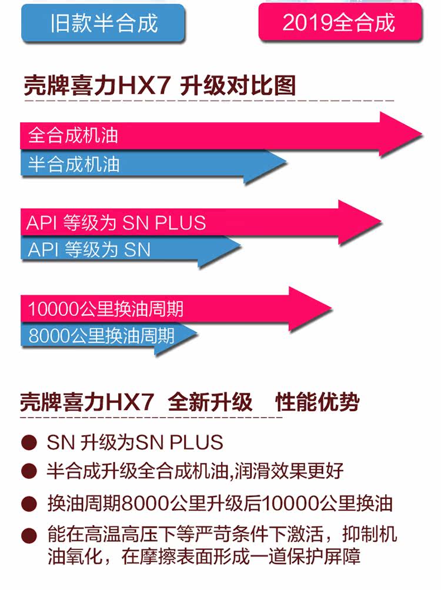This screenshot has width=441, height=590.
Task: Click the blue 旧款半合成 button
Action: [103, 24]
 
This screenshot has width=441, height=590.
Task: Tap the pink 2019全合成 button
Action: [339, 22]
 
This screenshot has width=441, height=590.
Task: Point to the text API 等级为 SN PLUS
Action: [116, 223]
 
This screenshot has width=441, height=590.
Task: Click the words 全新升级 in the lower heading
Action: [210, 402]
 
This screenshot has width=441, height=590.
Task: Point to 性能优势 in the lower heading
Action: [318, 402]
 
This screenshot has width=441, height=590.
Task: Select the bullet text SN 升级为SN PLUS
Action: [135, 442]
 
